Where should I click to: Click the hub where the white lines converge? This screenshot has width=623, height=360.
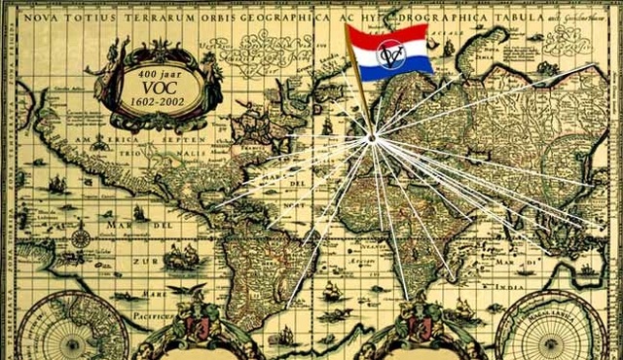(x=371, y=139)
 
